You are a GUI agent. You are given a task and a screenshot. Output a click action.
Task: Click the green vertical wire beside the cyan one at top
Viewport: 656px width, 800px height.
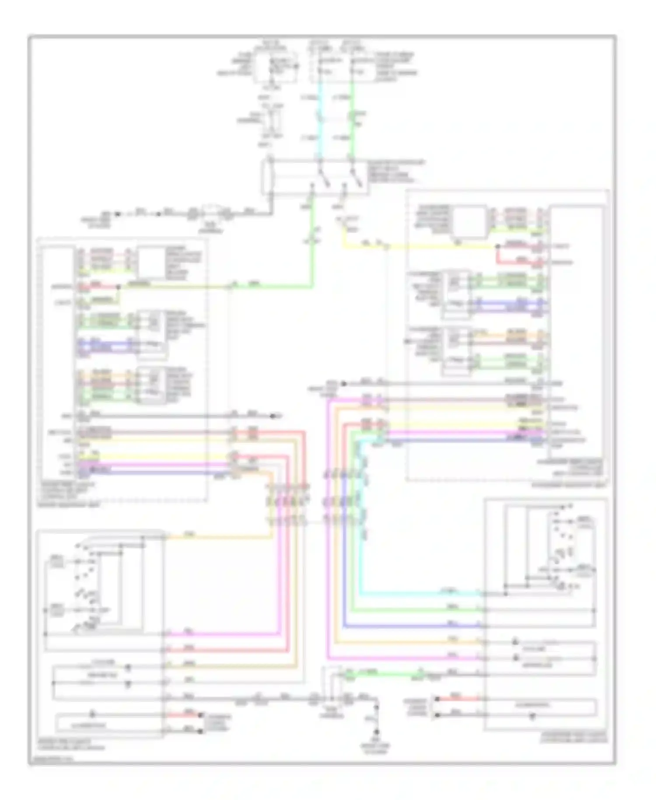click(352, 127)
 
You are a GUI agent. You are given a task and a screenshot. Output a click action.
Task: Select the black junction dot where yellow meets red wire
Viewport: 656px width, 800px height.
click(498, 247)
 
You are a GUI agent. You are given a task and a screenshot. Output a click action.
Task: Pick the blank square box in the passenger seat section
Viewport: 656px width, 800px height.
click(470, 221)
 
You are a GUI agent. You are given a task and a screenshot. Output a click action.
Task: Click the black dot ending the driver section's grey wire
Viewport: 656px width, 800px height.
click(272, 415)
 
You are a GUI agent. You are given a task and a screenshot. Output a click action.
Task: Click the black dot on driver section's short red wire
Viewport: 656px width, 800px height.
click(118, 287)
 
